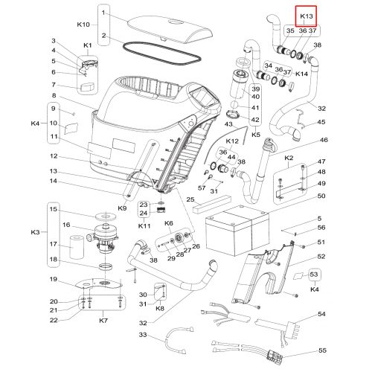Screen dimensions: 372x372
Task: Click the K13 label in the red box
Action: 307,16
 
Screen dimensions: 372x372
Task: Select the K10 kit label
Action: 83,25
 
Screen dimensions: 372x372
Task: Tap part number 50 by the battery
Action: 321,196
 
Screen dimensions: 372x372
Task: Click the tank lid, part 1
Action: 170,29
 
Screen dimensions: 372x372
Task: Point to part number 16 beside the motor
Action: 66,225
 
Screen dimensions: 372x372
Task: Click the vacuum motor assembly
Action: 103,238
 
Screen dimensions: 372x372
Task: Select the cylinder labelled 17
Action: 77,247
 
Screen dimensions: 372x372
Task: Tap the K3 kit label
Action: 35,232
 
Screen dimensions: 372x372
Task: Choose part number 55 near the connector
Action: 322,350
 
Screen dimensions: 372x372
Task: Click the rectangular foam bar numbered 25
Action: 212,204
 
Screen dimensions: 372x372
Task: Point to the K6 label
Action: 169,223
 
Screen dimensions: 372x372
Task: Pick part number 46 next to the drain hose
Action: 324,140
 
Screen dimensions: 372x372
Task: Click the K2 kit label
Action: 289,158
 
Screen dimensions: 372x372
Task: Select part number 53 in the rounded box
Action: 314,275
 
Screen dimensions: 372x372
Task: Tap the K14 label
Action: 302,74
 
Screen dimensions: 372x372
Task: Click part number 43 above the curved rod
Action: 228,124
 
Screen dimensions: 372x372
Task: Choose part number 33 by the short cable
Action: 143,335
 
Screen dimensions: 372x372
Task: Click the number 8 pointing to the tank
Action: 54,95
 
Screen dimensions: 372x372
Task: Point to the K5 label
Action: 256,135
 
